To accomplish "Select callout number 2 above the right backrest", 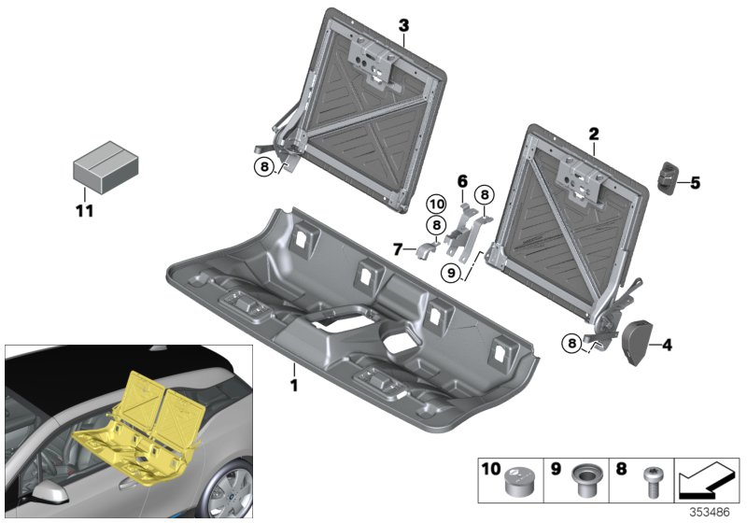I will [593, 135].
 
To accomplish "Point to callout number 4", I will [667, 345].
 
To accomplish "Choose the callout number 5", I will [695, 184].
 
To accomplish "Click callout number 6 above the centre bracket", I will [461, 180].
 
